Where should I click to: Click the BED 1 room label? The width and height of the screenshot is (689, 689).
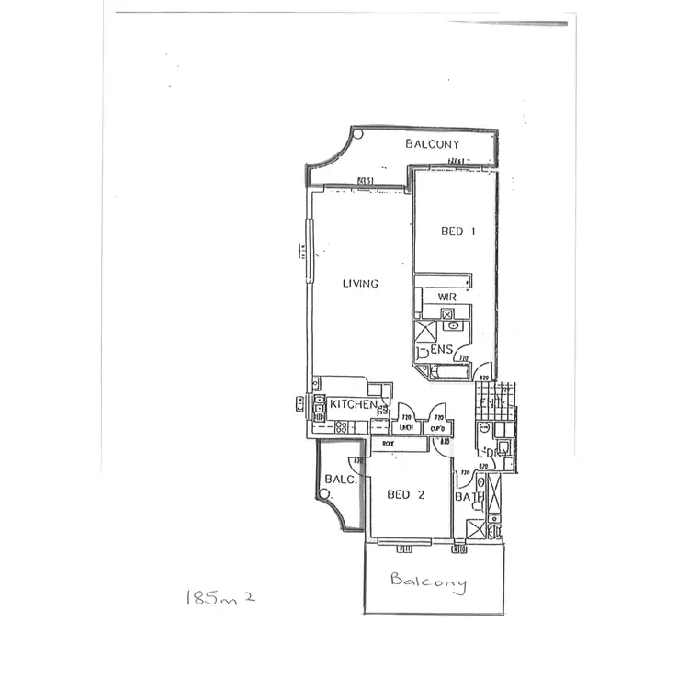point(457,232)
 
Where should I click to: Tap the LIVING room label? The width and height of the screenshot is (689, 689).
point(360,284)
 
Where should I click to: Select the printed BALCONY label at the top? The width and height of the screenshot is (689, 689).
point(433,144)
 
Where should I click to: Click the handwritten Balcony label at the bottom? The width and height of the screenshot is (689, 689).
point(427,581)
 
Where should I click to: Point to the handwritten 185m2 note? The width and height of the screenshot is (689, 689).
point(219,600)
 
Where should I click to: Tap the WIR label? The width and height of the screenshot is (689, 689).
point(447,298)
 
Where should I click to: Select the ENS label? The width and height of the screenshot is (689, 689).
point(442,349)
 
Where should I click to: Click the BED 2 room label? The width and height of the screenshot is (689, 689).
point(405,494)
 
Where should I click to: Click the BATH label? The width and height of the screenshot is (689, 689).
point(468,498)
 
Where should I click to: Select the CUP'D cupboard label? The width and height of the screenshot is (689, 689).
point(437,427)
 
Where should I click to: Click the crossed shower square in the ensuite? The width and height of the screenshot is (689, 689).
point(426,332)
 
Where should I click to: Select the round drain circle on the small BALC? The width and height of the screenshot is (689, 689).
point(324,495)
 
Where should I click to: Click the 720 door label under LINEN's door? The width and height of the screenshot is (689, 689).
point(405,418)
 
